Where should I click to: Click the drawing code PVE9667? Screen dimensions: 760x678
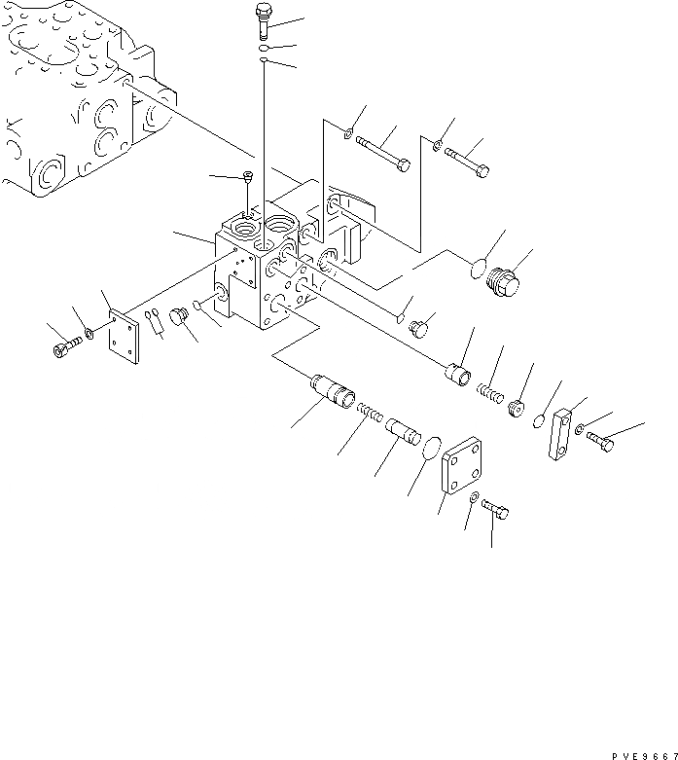coord(637,753)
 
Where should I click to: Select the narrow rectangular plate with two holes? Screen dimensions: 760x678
coord(562,435)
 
